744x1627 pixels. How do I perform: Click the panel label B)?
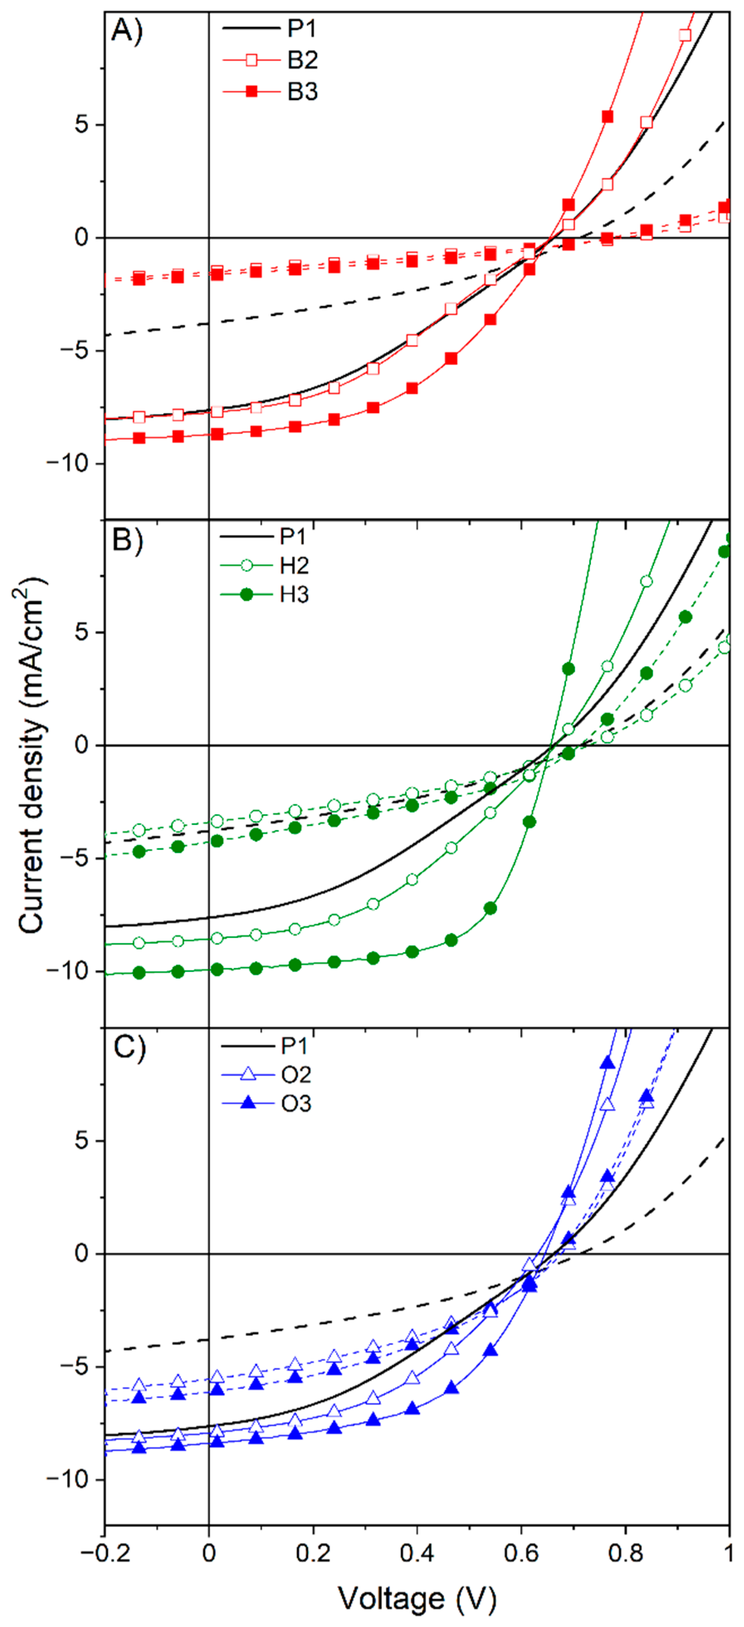[127, 541]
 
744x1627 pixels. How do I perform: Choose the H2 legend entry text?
[294, 565]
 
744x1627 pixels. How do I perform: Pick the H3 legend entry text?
[294, 595]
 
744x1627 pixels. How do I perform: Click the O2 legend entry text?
[295, 1075]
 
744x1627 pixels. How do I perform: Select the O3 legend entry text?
[295, 1104]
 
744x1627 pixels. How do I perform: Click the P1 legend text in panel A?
[302, 28]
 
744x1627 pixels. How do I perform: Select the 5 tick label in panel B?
[81, 632]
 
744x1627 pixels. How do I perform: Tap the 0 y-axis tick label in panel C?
[81, 1254]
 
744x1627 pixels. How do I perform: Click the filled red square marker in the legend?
[251, 92]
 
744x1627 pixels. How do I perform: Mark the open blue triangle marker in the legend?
[248, 1074]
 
